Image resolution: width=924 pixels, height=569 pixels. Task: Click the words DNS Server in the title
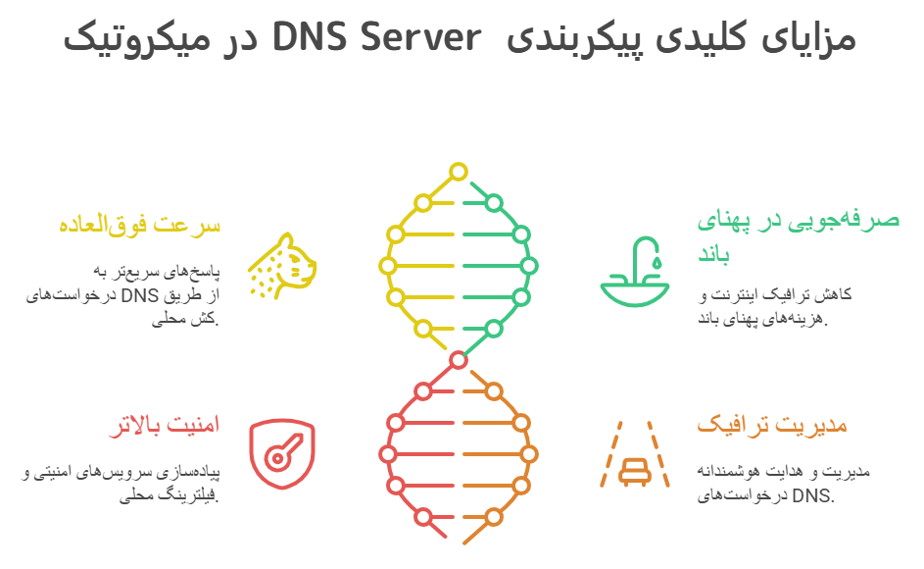click(378, 38)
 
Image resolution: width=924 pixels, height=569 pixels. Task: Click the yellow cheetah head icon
click(282, 264)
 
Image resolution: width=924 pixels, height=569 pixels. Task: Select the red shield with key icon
click(282, 452)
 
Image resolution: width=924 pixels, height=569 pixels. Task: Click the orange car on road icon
click(635, 454)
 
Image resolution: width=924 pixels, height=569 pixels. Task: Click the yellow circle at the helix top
click(457, 173)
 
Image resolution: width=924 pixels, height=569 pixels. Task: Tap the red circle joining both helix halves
click(457, 360)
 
